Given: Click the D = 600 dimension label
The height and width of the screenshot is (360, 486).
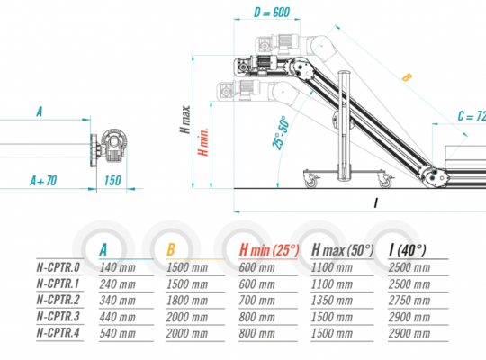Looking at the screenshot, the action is (x=272, y=13).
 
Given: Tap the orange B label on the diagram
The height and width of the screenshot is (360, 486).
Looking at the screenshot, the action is (x=407, y=77).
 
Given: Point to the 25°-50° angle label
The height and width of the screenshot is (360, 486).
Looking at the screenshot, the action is (x=281, y=133).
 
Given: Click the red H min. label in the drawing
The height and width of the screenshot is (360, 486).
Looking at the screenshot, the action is (x=203, y=142).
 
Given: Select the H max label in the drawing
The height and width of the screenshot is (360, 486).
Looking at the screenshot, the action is (x=185, y=120).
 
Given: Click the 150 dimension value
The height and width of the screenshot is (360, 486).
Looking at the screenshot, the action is (x=112, y=181).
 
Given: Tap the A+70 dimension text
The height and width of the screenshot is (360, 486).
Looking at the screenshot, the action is (x=43, y=181).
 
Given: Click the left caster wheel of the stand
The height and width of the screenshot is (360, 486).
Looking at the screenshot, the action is (x=311, y=181).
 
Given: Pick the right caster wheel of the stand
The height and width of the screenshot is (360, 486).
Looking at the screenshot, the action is (x=385, y=181).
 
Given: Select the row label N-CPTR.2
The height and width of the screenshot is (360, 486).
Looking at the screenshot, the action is (x=58, y=300).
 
